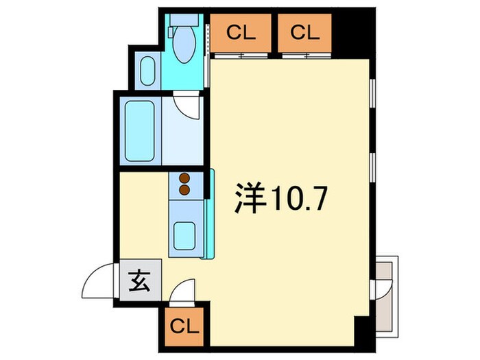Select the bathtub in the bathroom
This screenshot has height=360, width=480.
click(139, 131)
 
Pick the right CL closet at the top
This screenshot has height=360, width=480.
click(304, 32)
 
